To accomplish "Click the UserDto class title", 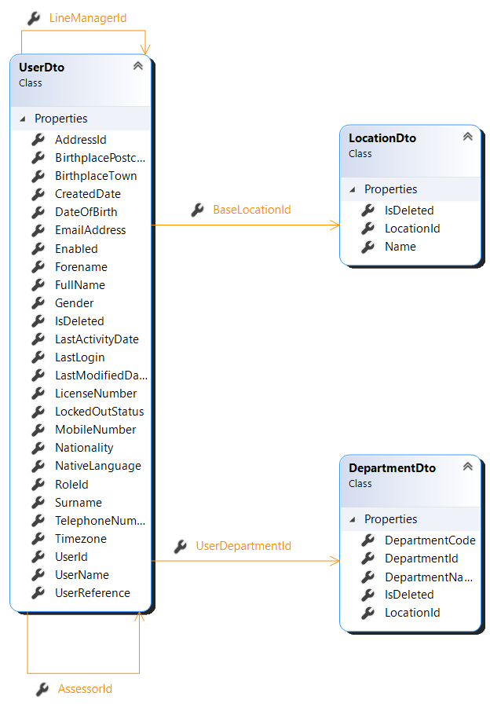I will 42,68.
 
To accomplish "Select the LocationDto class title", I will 382,138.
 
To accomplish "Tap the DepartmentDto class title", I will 392,468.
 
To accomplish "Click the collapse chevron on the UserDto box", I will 138,66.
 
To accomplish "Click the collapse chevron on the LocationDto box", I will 468,137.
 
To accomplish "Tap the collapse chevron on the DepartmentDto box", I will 468,467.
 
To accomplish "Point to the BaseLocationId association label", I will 252,211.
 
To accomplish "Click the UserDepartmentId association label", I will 243,546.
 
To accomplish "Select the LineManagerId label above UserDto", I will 87,17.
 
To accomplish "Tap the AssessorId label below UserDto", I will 85,689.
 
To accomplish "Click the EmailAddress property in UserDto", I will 90,230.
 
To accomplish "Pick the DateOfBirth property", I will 86,212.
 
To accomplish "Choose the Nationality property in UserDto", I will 84,448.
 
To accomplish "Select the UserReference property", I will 93,593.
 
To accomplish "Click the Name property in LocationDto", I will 400,247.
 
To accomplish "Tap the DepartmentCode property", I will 430,540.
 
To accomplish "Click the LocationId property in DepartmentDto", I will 412,613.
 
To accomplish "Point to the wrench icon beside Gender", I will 38,303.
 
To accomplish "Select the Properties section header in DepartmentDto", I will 390,519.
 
